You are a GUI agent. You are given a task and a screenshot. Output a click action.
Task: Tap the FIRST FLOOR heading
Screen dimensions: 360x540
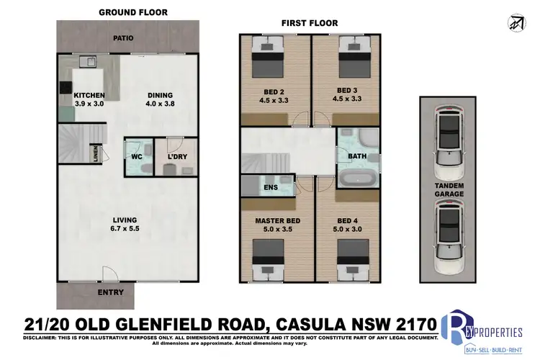(x=310, y=24)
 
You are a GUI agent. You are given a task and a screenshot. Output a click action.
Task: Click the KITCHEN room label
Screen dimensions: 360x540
(x=90, y=99)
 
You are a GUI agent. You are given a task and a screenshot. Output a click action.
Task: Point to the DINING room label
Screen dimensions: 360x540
(x=161, y=99)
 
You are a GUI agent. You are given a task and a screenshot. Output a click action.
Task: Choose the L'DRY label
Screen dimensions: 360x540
(x=177, y=156)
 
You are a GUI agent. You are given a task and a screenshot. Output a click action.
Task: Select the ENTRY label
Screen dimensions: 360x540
(x=111, y=292)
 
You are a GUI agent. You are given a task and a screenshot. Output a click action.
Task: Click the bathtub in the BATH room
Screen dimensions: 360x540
(x=358, y=177)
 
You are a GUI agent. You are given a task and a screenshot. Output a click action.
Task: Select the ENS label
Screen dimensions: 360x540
(x=271, y=188)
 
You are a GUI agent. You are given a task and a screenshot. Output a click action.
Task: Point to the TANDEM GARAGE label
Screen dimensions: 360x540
(x=448, y=189)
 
